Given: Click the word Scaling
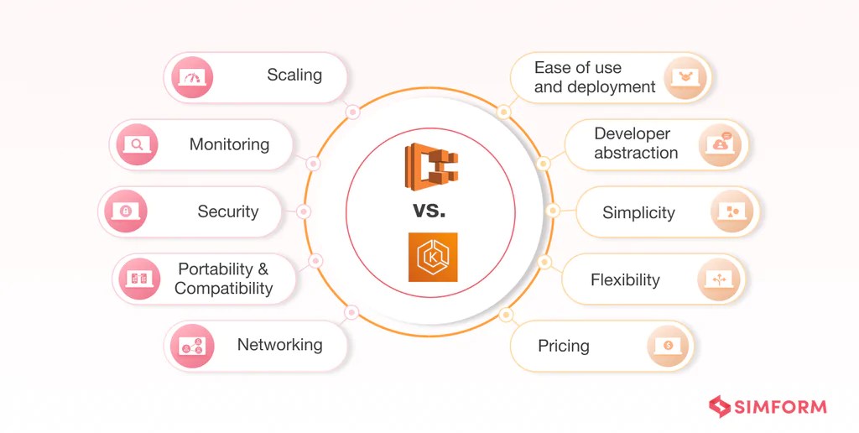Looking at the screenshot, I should tap(294, 76).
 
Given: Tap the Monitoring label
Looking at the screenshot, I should tap(229, 144).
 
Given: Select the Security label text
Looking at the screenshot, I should tap(227, 211).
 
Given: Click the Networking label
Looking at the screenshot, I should tap(279, 345).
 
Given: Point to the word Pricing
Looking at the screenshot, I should tap(563, 346).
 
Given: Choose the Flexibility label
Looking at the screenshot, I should tap(625, 279).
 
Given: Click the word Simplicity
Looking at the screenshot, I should tap(638, 212).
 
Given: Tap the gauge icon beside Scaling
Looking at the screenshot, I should tap(192, 78).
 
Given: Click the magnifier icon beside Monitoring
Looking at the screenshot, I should tap(138, 145).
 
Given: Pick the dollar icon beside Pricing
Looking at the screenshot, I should tap(668, 345).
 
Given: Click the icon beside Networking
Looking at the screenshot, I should tap(192, 346).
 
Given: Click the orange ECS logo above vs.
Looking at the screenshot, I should tap(432, 165).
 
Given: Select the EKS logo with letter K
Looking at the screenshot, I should tap(433, 257).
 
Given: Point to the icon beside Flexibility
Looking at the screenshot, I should tap(720, 279).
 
